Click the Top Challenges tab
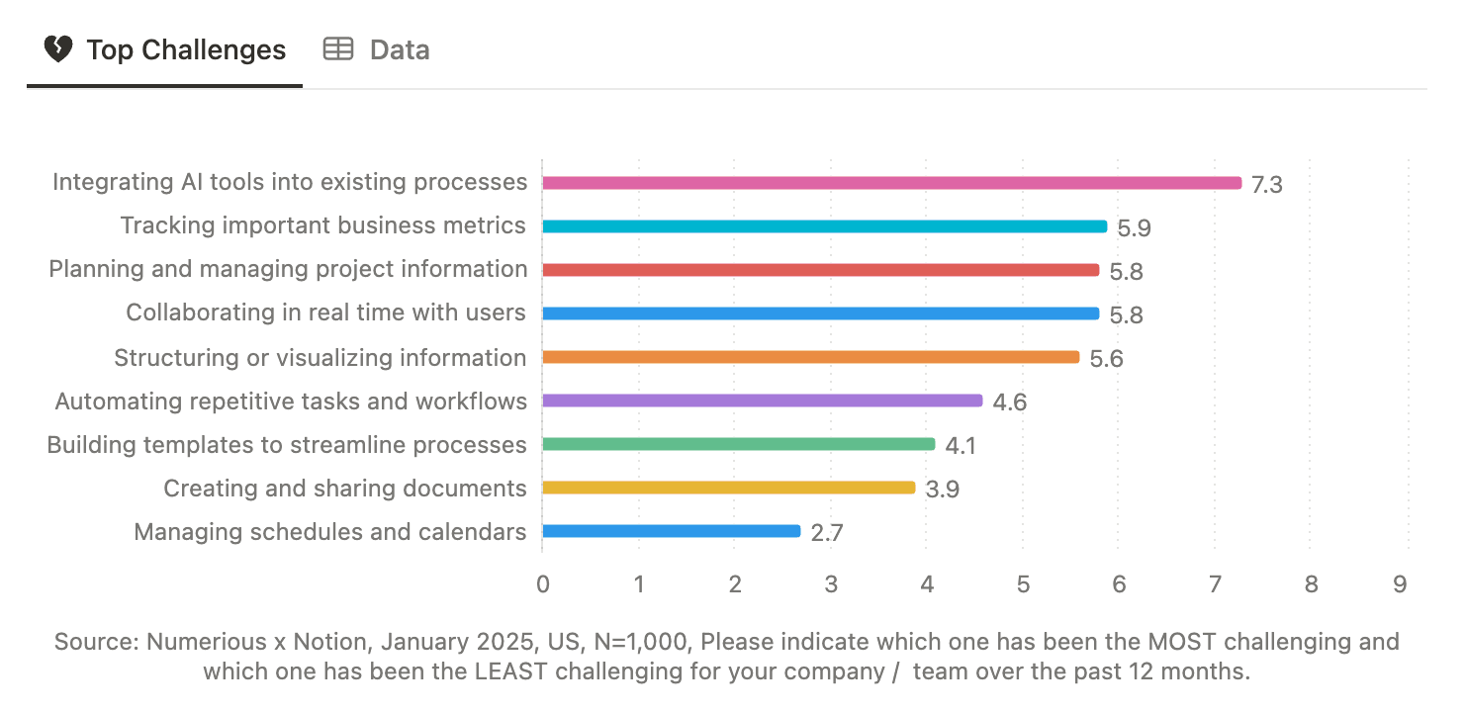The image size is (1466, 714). pos(165,50)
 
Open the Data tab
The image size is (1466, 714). pos(377,50)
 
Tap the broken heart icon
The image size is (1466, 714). pos(58,49)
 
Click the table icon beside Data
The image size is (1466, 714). pos(338,49)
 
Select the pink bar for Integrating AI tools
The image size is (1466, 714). pos(890,183)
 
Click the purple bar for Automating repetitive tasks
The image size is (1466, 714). pos(762,401)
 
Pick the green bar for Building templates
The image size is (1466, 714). pos(738,444)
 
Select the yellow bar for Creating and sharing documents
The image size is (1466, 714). pos(728,488)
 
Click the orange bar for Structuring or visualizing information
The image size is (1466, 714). pos(810,357)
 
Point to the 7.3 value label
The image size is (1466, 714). pos(1266,185)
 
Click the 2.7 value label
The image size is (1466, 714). pos(826,533)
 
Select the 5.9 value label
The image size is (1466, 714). pos(1134,228)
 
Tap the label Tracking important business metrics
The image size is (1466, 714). pos(322,225)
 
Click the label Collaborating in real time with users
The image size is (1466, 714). pos(325,312)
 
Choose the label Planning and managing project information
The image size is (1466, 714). pos(288,269)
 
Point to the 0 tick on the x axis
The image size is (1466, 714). pos(543,584)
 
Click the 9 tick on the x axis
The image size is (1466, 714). pos(1399,584)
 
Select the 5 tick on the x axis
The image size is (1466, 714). pos(1023,584)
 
